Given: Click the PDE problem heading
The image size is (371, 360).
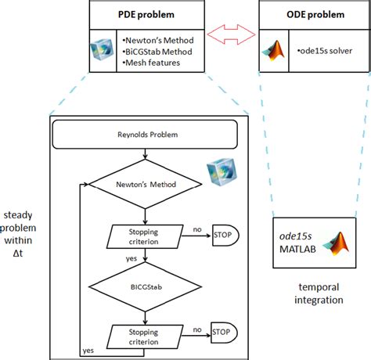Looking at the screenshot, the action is pyautogui.click(x=146, y=15).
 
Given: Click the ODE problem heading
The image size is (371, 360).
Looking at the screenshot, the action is pyautogui.click(x=315, y=15).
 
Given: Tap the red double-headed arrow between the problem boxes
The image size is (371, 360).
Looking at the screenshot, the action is pyautogui.click(x=231, y=34).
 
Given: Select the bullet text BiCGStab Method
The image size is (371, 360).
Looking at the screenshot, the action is pyautogui.click(x=157, y=52).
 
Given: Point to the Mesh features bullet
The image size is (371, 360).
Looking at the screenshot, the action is pyautogui.click(x=151, y=63).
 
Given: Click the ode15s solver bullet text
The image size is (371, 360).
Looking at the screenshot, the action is pyautogui.click(x=325, y=51).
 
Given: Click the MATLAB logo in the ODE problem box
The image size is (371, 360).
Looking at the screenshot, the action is pyautogui.click(x=274, y=50).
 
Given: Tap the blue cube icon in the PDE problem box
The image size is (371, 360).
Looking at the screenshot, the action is pyautogui.click(x=102, y=49).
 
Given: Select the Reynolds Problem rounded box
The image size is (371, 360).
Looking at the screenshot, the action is pyautogui.click(x=145, y=135).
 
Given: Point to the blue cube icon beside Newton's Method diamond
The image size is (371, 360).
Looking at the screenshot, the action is pyautogui.click(x=222, y=171).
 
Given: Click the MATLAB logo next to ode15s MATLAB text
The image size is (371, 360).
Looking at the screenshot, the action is pyautogui.click(x=336, y=243).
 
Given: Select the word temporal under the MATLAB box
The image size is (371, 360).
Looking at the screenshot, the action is pyautogui.click(x=319, y=287).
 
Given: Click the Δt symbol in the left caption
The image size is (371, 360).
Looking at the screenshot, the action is pyautogui.click(x=18, y=253).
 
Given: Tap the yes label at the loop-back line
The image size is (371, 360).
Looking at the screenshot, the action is pyautogui.click(x=88, y=351).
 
